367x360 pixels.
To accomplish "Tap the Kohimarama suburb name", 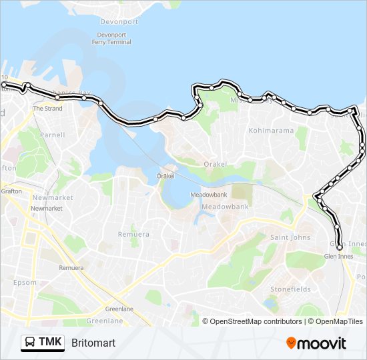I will pos(271,131).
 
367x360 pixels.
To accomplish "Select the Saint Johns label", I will pos(290,237).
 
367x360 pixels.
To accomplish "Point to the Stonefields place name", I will pos(290,289).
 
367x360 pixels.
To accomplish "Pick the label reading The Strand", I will pos(47,108).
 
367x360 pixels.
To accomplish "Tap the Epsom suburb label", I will pos(25,283).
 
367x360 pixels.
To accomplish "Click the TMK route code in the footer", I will pos(51,343).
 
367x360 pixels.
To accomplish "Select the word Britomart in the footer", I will pos(93,343).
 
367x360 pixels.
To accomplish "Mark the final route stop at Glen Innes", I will pos(339,247).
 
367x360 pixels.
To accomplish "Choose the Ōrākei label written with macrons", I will pos(165,176).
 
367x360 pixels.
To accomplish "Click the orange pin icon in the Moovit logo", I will pos(292,343).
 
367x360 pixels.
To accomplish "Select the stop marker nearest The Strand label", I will pos(58,97).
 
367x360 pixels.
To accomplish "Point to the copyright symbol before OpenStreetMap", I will pos(206,321).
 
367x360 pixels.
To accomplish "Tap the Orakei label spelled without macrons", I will pos(216,164).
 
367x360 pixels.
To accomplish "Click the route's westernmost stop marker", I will pos(4,85).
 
